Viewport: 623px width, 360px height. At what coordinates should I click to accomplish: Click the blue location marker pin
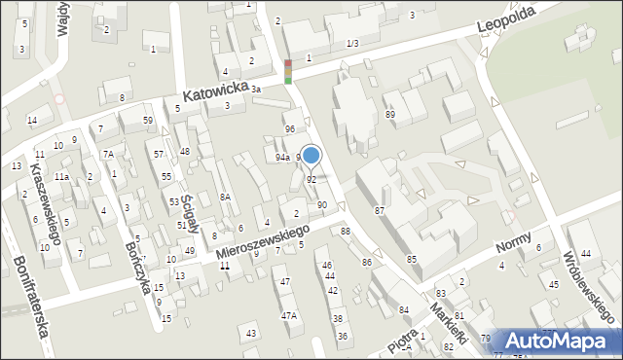coord(311,156)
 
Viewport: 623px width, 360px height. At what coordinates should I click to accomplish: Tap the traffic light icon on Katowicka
coord(287,72)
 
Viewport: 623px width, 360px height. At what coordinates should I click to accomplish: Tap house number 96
coord(289,129)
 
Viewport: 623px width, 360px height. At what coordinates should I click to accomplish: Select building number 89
coord(390,115)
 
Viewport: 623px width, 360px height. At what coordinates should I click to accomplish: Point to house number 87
coord(380,211)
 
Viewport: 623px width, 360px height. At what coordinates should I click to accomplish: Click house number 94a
coord(282,158)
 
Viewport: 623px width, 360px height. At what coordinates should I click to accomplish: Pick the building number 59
coord(148,121)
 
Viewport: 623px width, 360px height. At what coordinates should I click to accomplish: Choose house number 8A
coord(224,198)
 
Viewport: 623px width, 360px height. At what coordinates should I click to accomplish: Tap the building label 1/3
coord(351,44)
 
